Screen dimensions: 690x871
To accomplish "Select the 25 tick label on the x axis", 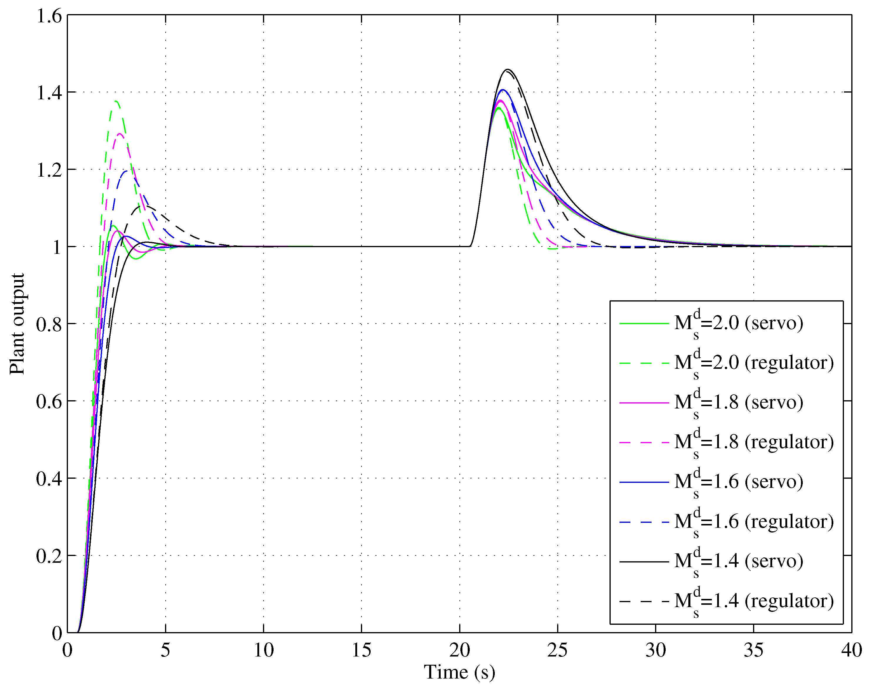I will click(x=557, y=650).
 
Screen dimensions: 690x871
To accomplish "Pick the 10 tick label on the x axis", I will click(x=263, y=650).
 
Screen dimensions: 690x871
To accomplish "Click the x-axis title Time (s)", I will click(x=459, y=672).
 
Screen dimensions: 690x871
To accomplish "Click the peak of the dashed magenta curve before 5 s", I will click(x=120, y=133).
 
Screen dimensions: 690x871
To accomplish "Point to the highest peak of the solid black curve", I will click(x=508, y=69).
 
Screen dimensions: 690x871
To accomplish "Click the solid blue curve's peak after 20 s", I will click(x=502, y=90).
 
